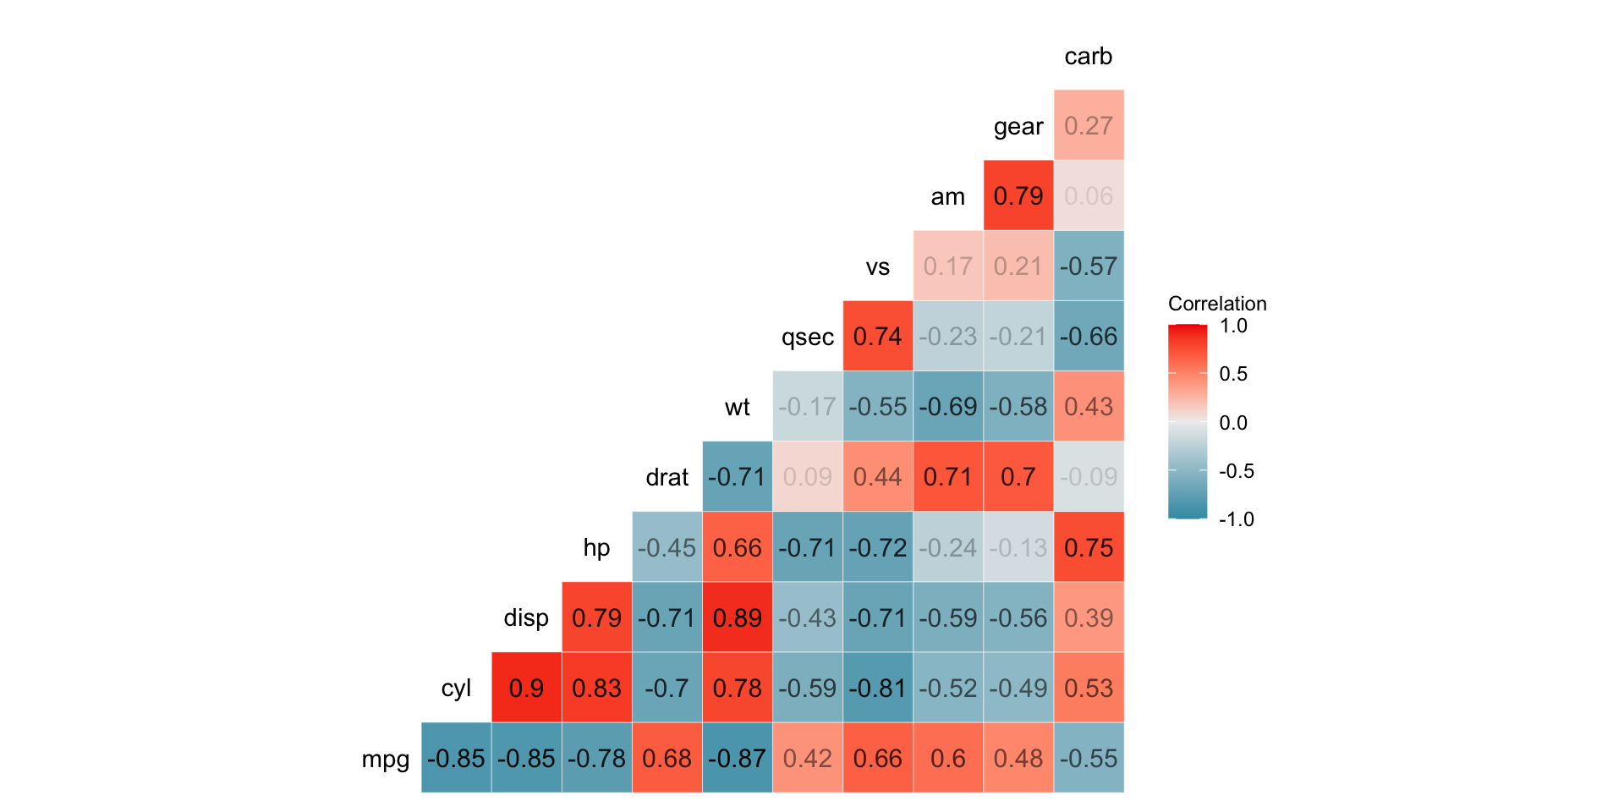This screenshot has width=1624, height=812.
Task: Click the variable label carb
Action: coord(1088,57)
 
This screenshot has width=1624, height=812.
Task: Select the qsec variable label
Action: coord(807,337)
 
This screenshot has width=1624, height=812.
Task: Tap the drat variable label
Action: coord(667,478)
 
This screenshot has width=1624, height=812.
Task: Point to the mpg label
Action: coord(385,759)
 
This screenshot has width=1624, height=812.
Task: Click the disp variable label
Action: coord(525,618)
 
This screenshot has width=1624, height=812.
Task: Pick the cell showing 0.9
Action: coord(526,688)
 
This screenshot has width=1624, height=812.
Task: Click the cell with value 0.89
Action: coord(737,617)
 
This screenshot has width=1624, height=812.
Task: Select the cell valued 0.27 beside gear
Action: coord(1089,125)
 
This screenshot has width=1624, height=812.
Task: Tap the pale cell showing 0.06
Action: coord(1089,195)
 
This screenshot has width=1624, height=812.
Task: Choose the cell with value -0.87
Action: coord(737,758)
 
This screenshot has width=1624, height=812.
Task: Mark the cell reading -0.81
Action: coord(878,688)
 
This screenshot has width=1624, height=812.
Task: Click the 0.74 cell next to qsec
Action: coord(878,337)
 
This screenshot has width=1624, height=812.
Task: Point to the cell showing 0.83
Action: coord(596,688)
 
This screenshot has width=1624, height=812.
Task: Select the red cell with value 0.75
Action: coord(1089,547)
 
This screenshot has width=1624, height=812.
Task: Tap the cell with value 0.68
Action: coord(667,758)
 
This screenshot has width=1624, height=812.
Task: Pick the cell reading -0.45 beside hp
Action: coord(667,547)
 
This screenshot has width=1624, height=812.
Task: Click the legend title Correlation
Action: coord(1217,304)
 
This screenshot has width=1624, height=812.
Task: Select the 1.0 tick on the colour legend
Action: coord(1233,326)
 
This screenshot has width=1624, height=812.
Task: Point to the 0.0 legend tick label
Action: coord(1233,423)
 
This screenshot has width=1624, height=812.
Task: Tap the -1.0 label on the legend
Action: coord(1236,519)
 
